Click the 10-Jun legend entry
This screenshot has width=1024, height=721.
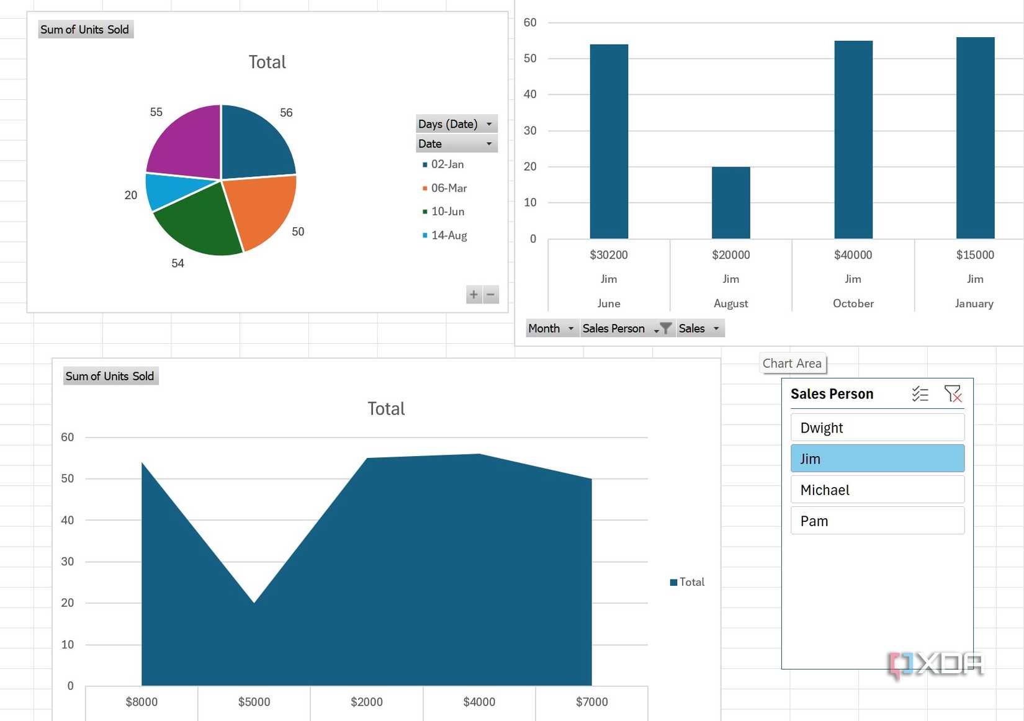(447, 212)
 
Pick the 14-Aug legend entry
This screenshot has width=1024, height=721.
(448, 235)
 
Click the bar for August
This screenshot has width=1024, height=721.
(730, 203)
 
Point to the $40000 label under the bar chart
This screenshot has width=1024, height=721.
(853, 255)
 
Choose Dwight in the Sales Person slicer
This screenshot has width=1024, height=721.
(877, 428)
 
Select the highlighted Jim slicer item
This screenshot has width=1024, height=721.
(877, 459)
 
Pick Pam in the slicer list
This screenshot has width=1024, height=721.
(877, 521)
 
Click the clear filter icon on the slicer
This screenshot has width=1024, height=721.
(953, 393)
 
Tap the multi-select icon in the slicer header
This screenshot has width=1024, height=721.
(920, 393)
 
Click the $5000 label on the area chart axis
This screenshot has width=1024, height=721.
(254, 702)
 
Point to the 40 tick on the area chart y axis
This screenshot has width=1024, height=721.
(67, 520)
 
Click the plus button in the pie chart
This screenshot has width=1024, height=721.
(474, 295)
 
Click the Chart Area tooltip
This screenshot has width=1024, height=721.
(792, 364)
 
